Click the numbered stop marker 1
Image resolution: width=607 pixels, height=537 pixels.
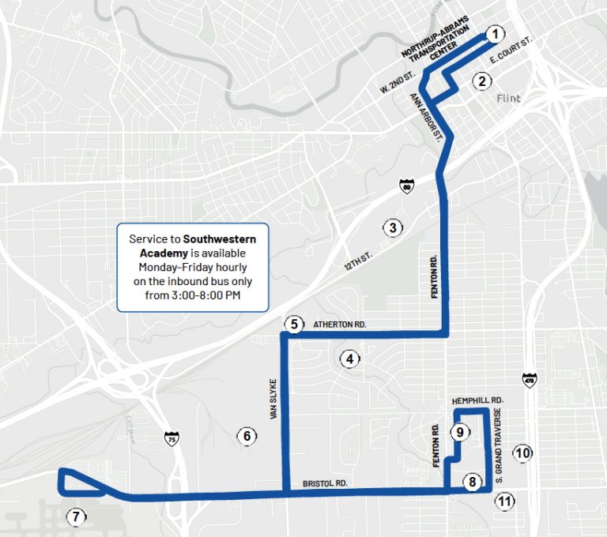coord(494,34)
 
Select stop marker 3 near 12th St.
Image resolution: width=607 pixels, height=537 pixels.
coord(392,228)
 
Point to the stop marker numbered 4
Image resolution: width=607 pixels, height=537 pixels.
coord(349,359)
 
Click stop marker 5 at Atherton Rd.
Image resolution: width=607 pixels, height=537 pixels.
coord(294,324)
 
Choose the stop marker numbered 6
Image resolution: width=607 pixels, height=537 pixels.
coord(247,435)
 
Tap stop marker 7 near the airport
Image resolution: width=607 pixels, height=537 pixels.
coord(75,517)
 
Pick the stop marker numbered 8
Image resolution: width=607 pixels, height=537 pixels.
coord(472,482)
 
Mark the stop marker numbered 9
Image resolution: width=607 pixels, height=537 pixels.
coord(459,432)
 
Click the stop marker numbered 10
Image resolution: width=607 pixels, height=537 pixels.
coord(522,453)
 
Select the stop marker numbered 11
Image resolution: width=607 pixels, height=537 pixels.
coord(503,500)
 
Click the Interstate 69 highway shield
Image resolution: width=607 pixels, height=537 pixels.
coord(406,186)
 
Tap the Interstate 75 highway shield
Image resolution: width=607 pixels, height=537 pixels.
coord(172,438)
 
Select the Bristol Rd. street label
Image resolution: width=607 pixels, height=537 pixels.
coord(324,483)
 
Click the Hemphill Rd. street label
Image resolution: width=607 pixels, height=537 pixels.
coord(477,401)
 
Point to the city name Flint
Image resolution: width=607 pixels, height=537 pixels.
coord(511,99)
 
